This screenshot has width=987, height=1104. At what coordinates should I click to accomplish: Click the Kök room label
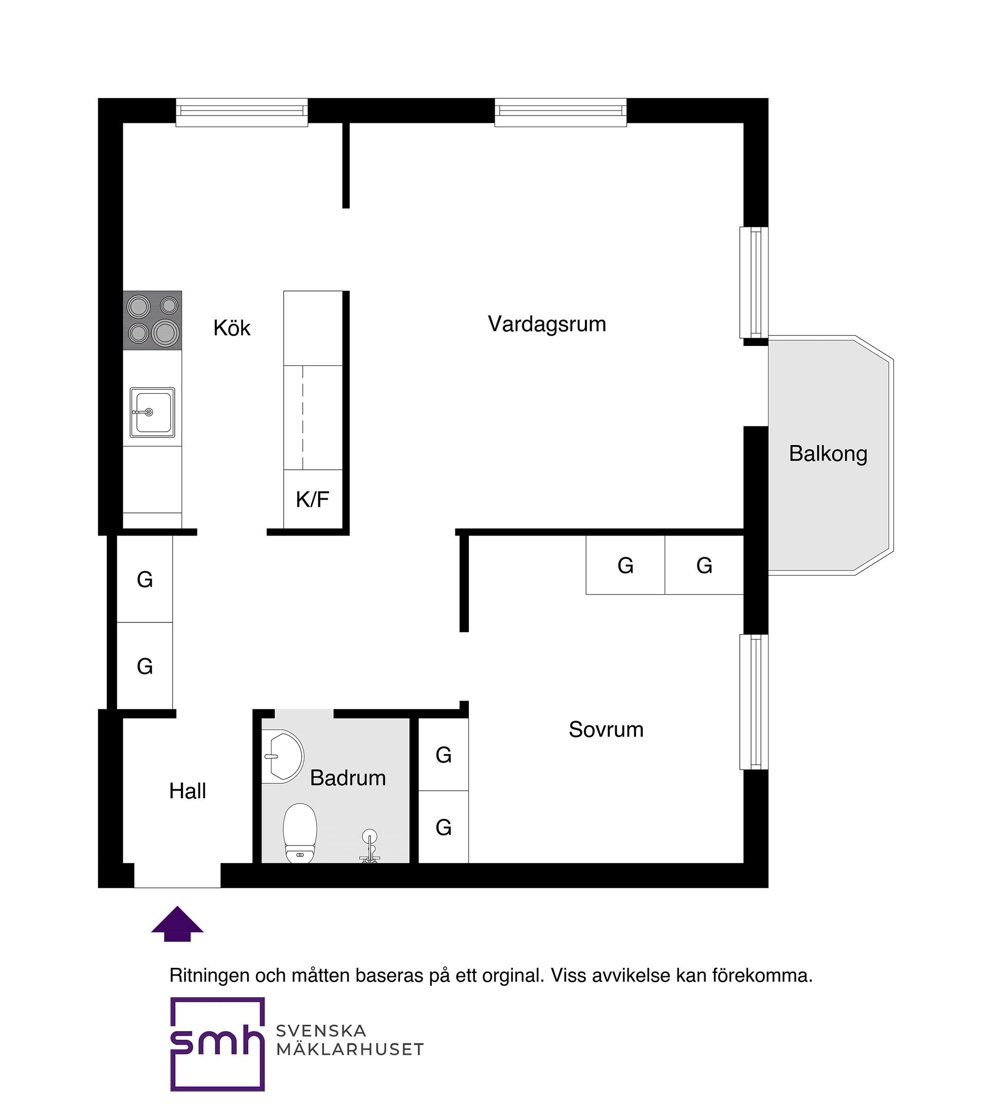point(231,328)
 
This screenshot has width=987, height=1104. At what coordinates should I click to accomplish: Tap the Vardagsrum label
point(546,324)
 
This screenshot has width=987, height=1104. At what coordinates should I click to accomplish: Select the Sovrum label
point(606,730)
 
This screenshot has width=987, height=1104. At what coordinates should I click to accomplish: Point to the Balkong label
point(828,454)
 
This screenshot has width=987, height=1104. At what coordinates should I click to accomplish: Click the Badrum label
point(348,778)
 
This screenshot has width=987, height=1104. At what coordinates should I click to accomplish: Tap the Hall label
point(187,791)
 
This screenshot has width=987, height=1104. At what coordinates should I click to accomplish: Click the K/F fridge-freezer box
point(313,499)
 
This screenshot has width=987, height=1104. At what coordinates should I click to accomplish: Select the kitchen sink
point(152,413)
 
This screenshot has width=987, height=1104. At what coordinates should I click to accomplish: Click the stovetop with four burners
point(152,320)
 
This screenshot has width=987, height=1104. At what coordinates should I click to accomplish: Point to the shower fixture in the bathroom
point(369,846)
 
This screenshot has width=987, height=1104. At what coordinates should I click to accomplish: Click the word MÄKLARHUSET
point(350,1049)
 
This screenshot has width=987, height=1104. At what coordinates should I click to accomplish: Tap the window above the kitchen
point(242,112)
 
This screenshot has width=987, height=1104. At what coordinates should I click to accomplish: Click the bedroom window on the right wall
point(754,702)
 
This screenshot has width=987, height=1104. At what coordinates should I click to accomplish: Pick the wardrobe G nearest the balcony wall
point(704,565)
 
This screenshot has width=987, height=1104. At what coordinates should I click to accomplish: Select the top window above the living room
point(560,112)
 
